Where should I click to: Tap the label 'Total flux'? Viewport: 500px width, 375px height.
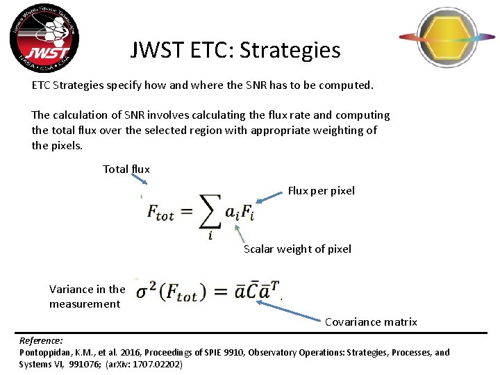(126, 169)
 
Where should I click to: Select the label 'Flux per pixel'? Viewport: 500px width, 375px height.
(321, 190)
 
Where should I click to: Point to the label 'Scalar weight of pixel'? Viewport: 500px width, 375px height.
(297, 249)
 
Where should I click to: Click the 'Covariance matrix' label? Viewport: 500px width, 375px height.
(371, 322)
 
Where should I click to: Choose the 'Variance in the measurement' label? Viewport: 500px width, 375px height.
(87, 297)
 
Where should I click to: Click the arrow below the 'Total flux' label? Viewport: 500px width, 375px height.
(139, 180)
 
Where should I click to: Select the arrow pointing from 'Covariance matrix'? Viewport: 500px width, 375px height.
(305, 311)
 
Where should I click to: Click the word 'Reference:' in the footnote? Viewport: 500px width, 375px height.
(41, 341)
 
